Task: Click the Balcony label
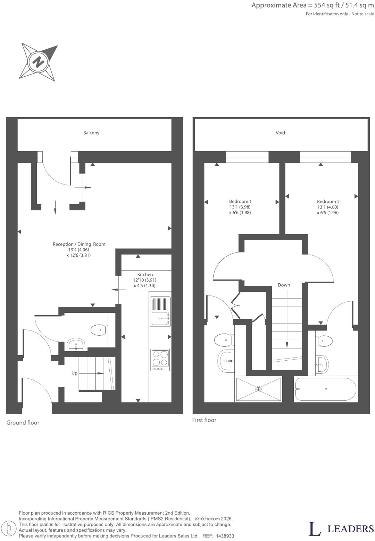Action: click(x=91, y=133)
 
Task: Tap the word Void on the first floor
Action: click(x=280, y=132)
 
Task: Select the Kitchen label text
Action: click(x=145, y=274)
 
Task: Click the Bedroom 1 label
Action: click(x=240, y=201)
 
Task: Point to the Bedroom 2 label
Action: click(x=328, y=201)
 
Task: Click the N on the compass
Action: click(x=38, y=62)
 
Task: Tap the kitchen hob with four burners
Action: click(x=160, y=360)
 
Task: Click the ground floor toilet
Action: click(x=99, y=330)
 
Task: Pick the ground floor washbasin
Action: click(x=76, y=344)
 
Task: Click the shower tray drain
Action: click(x=258, y=389)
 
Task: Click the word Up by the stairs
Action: click(x=74, y=373)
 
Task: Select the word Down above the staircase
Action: click(x=284, y=285)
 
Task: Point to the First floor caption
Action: click(x=204, y=420)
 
